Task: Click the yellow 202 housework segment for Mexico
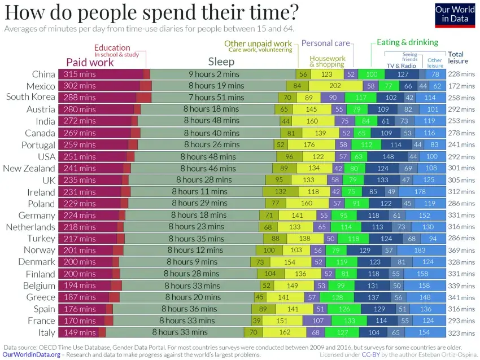click(x=335, y=86)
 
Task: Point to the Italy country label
click(x=43, y=332)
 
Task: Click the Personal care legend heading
click(x=325, y=43)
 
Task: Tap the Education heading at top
click(x=112, y=48)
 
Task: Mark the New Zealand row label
click(x=29, y=168)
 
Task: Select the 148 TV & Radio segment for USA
click(x=388, y=156)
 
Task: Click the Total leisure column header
click(x=456, y=58)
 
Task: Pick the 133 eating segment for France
click(x=350, y=321)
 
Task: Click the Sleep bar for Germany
click(x=193, y=215)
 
